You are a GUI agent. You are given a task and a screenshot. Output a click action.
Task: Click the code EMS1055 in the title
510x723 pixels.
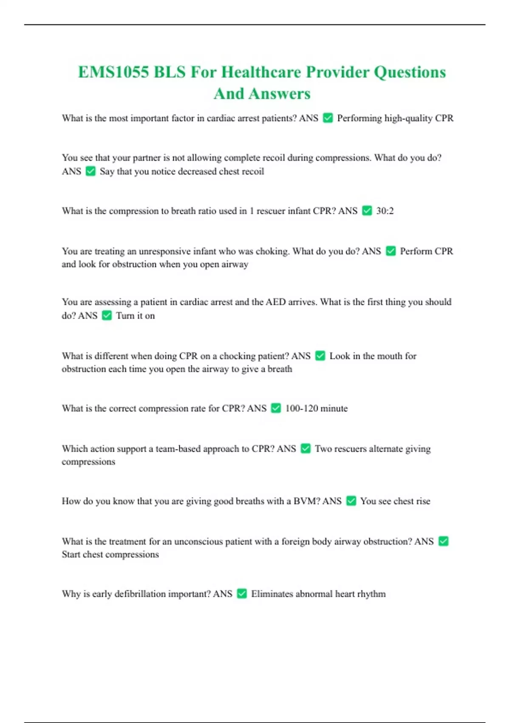coord(113,72)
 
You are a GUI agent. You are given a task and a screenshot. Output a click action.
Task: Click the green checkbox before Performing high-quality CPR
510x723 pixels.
coord(328,118)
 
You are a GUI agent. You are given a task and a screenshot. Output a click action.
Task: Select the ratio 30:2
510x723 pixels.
coord(385,211)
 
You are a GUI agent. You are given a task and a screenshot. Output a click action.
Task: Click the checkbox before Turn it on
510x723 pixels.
coord(107,316)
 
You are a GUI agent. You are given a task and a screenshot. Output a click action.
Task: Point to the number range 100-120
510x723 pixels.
coord(301,408)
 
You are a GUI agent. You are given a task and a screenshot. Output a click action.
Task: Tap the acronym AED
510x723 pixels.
coord(275,302)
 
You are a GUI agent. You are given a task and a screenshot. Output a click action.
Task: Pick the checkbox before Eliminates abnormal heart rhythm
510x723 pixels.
coord(242,594)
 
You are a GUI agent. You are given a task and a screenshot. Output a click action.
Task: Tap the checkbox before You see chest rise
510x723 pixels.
coord(351,501)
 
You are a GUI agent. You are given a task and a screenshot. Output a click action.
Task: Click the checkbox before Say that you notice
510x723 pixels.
coord(91,171)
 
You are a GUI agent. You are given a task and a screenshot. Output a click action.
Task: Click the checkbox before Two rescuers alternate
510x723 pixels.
coord(306,449)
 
